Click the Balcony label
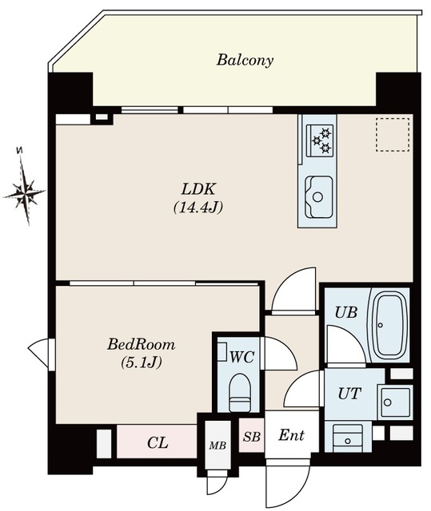(245, 61)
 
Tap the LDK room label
(198, 189)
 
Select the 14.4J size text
(198, 208)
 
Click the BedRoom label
(141, 344)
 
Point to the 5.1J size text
(141, 362)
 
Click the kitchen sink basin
(318, 196)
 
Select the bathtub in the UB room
(389, 325)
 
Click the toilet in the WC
(239, 392)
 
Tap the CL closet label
(158, 442)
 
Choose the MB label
(217, 446)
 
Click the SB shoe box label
(251, 437)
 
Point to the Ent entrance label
(291, 435)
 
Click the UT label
(349, 394)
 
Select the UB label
(346, 312)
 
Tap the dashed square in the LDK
(393, 135)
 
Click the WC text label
(241, 357)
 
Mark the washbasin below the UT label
(348, 438)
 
